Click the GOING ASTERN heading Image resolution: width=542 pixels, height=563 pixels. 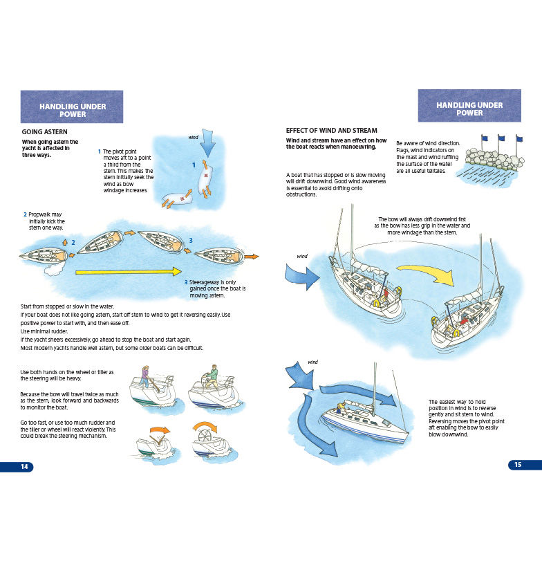tap(44, 132)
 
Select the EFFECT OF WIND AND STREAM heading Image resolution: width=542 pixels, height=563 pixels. tap(332, 130)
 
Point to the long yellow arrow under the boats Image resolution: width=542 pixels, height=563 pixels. tap(129, 272)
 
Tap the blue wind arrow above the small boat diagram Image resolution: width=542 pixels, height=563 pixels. tap(207, 143)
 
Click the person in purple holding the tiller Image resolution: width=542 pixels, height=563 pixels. tap(144, 377)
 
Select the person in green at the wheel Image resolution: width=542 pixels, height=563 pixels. tap(212, 376)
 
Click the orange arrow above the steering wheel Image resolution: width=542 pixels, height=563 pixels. tap(205, 427)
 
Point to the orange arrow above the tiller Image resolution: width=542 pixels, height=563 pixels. tap(160, 430)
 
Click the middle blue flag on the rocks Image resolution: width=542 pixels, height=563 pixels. tap(501, 138)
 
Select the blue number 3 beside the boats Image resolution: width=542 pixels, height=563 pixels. tap(191, 240)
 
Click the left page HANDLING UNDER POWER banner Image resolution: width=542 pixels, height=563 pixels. tap(72, 107)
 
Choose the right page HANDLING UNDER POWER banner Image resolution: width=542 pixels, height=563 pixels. tap(469, 106)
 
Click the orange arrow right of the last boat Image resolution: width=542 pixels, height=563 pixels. tap(252, 257)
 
